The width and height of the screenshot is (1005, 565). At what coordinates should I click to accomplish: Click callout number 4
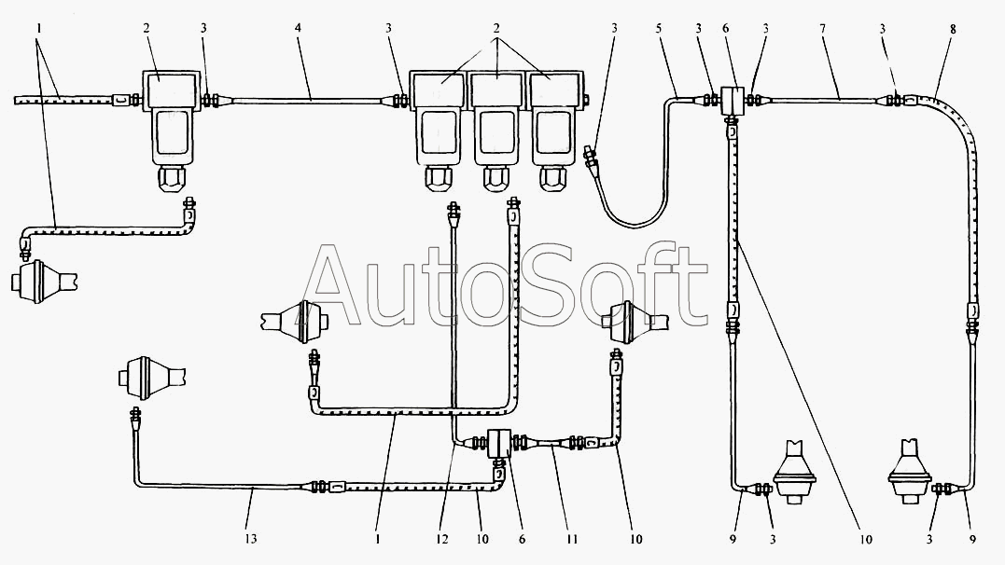point(298,28)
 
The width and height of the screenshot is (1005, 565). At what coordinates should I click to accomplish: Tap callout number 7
point(822,28)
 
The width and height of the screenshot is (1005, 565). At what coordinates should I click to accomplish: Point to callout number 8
point(953,28)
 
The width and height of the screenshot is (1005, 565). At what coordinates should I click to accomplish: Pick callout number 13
point(251,539)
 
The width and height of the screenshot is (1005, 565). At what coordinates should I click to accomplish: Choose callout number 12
point(442,539)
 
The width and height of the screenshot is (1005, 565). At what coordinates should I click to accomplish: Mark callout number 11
point(572,539)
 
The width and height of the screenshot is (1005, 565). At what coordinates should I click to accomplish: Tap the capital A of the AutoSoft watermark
point(342,286)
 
